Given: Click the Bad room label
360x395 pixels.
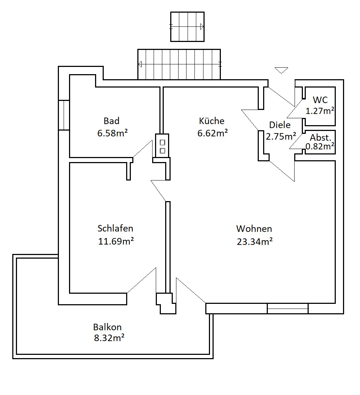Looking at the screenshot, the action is tap(111, 121).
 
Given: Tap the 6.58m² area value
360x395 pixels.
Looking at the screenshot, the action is tap(112, 133).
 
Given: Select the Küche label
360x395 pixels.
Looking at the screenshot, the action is tap(211, 121).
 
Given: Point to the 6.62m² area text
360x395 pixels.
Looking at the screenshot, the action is tap(213, 133).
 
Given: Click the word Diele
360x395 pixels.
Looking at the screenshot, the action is tap(280, 125).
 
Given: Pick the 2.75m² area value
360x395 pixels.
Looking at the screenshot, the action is tap(281, 136).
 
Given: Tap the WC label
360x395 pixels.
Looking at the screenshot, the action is tap(320, 100).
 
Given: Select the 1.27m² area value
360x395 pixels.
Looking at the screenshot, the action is tap(320, 111).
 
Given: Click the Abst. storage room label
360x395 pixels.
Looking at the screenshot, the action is tap(320, 137).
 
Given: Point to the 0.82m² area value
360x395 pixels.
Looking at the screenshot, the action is tap(320, 146).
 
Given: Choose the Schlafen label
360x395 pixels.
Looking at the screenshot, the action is tap(115, 229).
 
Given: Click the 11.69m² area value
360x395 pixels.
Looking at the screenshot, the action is tap(116, 241).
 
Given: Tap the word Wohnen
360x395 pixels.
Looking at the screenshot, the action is tap(254, 229).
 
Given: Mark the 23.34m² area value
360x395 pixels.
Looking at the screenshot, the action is tap(254, 242).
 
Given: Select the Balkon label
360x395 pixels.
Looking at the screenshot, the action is tap(107, 327).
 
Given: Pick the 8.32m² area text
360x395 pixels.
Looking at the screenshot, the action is tap(109, 337).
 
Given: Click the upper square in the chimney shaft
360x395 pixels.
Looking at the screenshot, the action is tap(162, 143).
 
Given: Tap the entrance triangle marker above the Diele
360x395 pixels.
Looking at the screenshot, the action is tap(281, 70).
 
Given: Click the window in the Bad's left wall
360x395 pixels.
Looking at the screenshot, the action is tap(64, 115).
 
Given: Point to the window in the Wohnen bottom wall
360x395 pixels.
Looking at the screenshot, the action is tap(287, 309).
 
